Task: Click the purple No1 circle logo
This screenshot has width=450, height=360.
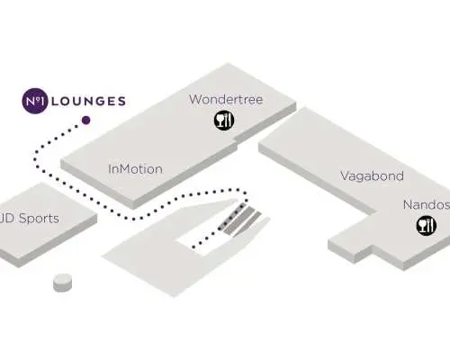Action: tap(35, 101)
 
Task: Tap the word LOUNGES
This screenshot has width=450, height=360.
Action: tap(88, 101)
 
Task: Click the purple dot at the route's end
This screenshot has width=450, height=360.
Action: tap(86, 121)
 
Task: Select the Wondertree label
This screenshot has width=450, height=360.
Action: tap(226, 99)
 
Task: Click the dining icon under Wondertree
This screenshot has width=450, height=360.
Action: tap(224, 120)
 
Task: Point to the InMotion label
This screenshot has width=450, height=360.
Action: tap(135, 169)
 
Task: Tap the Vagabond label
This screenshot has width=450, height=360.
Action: tap(372, 176)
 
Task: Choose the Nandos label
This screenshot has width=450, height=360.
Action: tap(427, 205)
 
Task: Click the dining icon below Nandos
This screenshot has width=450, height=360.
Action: tap(427, 225)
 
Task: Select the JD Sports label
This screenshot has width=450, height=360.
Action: tap(29, 219)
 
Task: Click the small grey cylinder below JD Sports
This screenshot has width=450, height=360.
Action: tap(63, 283)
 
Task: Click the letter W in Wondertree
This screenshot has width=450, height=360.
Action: tap(195, 100)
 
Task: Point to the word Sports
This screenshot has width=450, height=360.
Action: tap(39, 219)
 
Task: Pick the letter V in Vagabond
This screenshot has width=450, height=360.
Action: tap(346, 175)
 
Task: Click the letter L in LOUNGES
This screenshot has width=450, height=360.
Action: tap(55, 101)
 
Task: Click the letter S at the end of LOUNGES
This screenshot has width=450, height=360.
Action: tap(121, 101)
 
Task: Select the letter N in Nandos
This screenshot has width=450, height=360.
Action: tap(408, 205)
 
